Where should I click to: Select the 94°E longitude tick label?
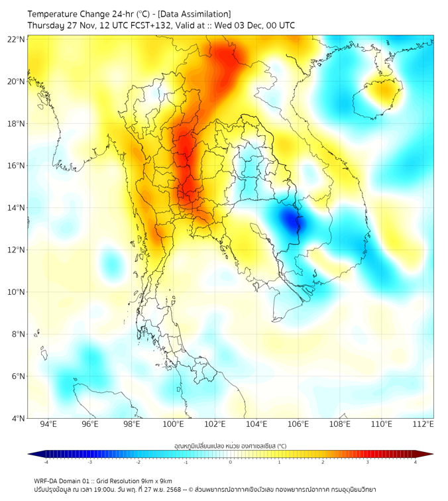click(x=48, y=424)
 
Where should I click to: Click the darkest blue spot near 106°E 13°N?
click(x=292, y=221)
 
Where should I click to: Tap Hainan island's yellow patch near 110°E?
click(x=383, y=93)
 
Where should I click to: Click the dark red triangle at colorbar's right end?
click(x=427, y=454)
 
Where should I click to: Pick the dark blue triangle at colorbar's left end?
click(x=33, y=454)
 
